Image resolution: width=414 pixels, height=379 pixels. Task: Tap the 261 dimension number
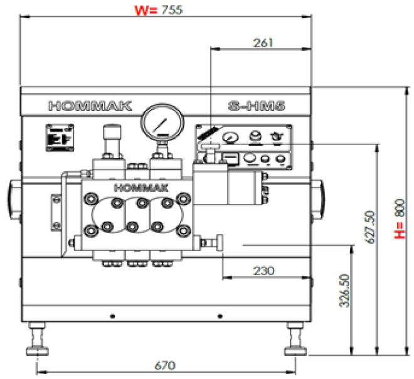click(x=262, y=43)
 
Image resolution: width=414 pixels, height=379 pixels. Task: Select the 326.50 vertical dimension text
click(x=343, y=291)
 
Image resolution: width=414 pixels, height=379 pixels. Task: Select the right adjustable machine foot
click(x=294, y=339)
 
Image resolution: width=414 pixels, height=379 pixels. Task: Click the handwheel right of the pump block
click(x=220, y=243)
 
